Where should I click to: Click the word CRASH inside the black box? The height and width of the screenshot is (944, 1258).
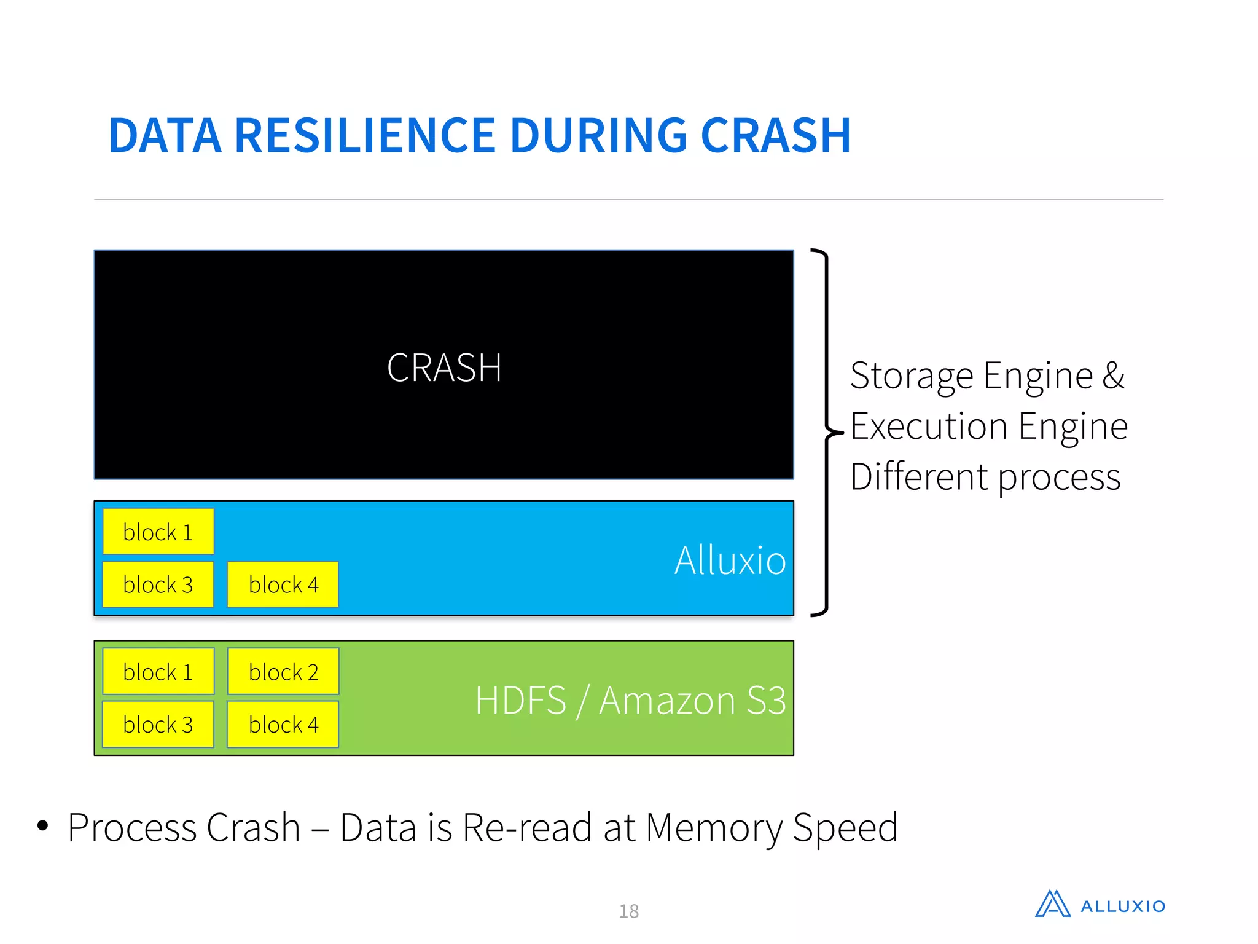click(444, 368)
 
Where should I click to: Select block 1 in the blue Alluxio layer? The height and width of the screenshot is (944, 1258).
click(158, 532)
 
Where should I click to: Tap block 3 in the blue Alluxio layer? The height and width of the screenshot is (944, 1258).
click(158, 584)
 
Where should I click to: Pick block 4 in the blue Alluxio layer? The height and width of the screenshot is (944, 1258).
click(283, 584)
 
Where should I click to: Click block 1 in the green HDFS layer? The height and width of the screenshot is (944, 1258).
click(158, 672)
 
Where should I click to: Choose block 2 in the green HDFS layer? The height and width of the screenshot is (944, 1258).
click(283, 672)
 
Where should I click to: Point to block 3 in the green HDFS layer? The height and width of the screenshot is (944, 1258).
click(158, 725)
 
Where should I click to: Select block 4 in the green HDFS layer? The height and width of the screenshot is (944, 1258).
click(283, 725)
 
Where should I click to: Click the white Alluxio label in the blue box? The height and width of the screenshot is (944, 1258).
click(730, 560)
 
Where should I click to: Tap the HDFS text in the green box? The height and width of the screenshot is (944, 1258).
click(520, 700)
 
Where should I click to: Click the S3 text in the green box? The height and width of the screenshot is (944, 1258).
click(766, 700)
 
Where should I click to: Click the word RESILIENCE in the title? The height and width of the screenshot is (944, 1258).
click(365, 135)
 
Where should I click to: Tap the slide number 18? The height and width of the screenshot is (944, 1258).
click(628, 911)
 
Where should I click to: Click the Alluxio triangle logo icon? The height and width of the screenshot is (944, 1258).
click(1052, 904)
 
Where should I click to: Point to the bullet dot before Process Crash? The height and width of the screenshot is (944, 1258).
click(42, 825)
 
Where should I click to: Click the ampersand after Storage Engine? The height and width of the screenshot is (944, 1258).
click(1113, 376)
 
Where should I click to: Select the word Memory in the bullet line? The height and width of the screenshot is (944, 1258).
click(714, 827)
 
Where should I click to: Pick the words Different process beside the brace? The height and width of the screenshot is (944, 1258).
click(985, 477)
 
